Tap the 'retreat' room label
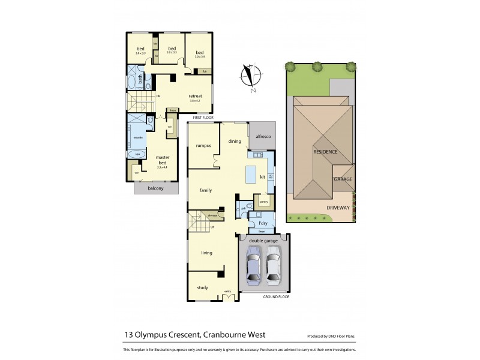194,96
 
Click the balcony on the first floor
155,188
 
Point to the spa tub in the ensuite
137,154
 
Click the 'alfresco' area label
263,137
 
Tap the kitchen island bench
250,175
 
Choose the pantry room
263,202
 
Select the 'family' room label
206,190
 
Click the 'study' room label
203,287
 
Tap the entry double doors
228,295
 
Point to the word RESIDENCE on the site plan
325,152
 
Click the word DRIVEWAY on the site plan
338,208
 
